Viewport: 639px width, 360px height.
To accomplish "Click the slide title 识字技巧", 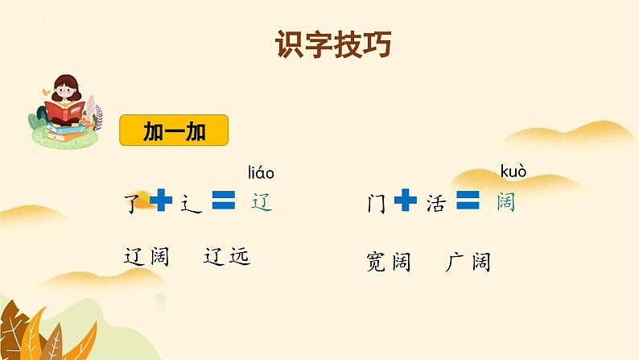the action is (x=333, y=43).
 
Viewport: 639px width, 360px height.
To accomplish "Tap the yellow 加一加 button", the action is (x=174, y=130).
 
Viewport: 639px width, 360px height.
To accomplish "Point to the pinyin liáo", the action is (x=262, y=173).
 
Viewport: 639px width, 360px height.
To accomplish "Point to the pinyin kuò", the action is (x=513, y=172).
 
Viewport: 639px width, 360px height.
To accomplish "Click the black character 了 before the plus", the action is (x=133, y=203).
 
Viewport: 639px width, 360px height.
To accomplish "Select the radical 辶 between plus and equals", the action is (x=190, y=205).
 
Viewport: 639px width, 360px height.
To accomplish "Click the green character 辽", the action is (x=262, y=202).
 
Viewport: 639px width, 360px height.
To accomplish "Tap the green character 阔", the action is (x=505, y=202).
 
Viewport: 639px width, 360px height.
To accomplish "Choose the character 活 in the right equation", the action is (x=435, y=203).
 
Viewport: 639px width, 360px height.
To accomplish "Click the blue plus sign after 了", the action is (x=161, y=200).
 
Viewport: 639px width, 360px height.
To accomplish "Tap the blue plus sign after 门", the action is (x=406, y=200).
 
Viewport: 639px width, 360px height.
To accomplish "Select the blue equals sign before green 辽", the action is (x=224, y=200).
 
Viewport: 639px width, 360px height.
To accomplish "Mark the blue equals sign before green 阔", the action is (x=468, y=200).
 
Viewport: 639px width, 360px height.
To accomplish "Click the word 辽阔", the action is (x=146, y=257).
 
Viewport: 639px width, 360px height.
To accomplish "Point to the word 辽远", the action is (x=227, y=256).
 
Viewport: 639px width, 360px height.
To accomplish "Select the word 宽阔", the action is (x=389, y=262).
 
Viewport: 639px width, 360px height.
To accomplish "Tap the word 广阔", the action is (x=468, y=262).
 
